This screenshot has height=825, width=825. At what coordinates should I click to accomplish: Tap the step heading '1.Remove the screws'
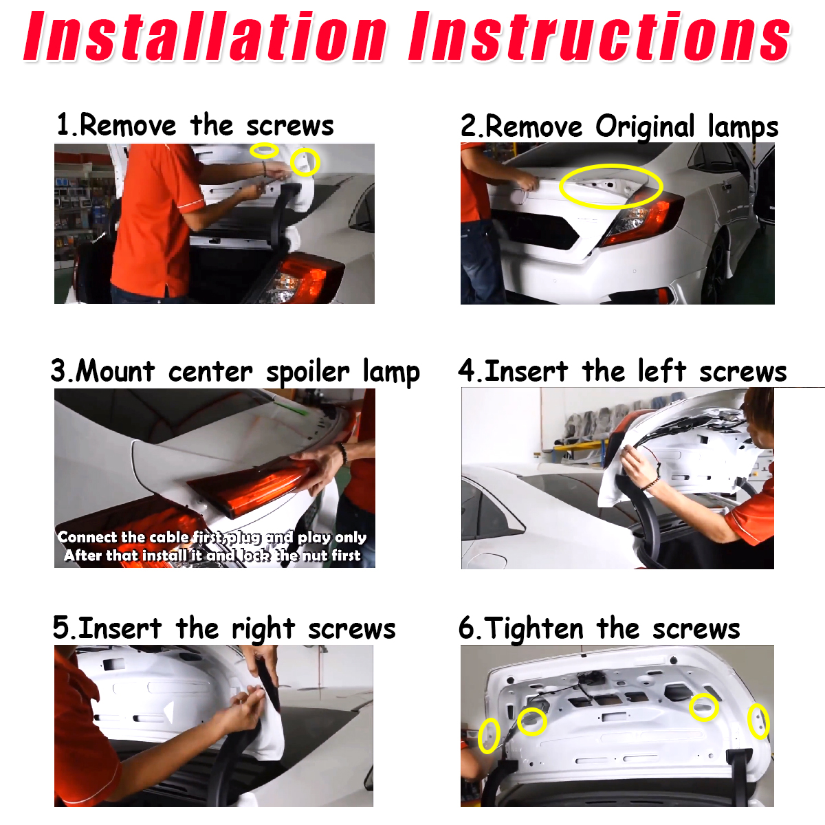(x=195, y=126)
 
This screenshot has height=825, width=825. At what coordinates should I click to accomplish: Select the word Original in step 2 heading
(x=645, y=127)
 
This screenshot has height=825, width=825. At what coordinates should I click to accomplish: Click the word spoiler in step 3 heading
(x=308, y=372)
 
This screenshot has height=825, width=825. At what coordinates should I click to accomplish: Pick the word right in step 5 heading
(x=265, y=629)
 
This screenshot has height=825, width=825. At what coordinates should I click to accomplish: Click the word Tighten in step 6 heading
(x=534, y=628)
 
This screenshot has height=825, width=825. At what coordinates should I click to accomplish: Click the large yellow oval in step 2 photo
(x=611, y=186)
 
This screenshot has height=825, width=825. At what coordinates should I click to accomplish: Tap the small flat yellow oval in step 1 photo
(x=264, y=150)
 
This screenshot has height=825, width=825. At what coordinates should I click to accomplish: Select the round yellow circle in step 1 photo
(x=305, y=162)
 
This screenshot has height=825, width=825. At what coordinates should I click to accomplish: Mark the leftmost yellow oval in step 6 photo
(x=489, y=735)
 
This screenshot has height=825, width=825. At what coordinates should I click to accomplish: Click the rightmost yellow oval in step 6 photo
(x=758, y=721)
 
